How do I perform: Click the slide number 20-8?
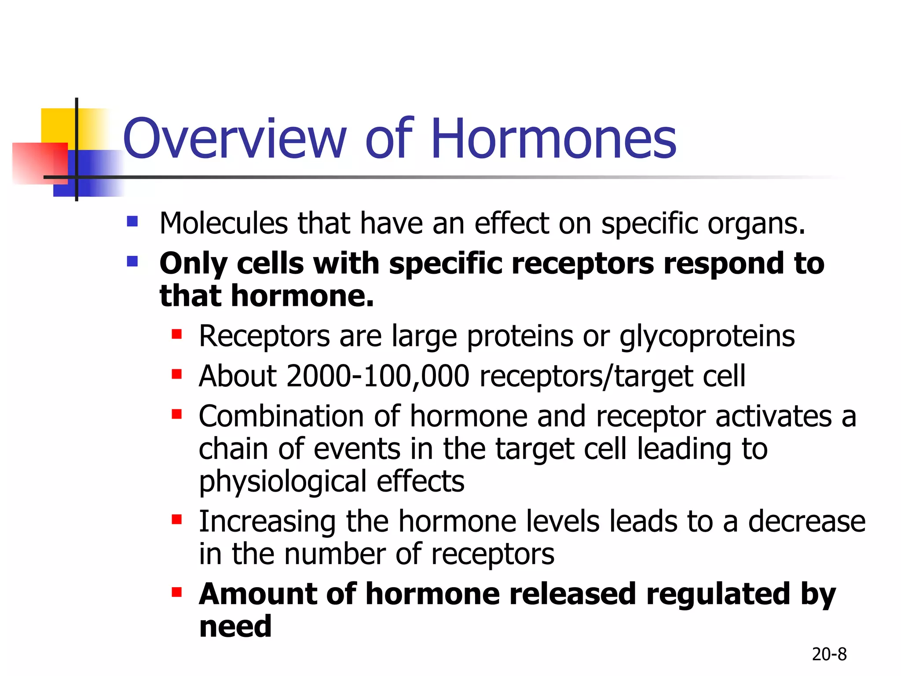[829, 654]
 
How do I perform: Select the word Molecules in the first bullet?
[223, 223]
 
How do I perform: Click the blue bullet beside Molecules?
[132, 221]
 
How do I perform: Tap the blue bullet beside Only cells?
[132, 261]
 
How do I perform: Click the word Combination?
[281, 416]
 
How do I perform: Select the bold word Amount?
[257, 594]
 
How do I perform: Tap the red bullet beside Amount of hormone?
[177, 592]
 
